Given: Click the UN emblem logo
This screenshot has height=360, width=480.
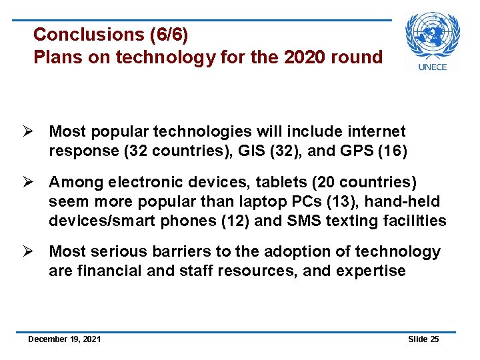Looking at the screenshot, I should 433,35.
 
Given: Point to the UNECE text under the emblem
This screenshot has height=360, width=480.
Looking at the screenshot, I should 433,66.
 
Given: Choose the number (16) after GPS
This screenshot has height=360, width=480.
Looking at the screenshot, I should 392,151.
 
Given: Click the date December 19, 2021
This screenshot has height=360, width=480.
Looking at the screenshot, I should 65,339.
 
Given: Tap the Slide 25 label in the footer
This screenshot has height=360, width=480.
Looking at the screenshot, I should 423,339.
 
